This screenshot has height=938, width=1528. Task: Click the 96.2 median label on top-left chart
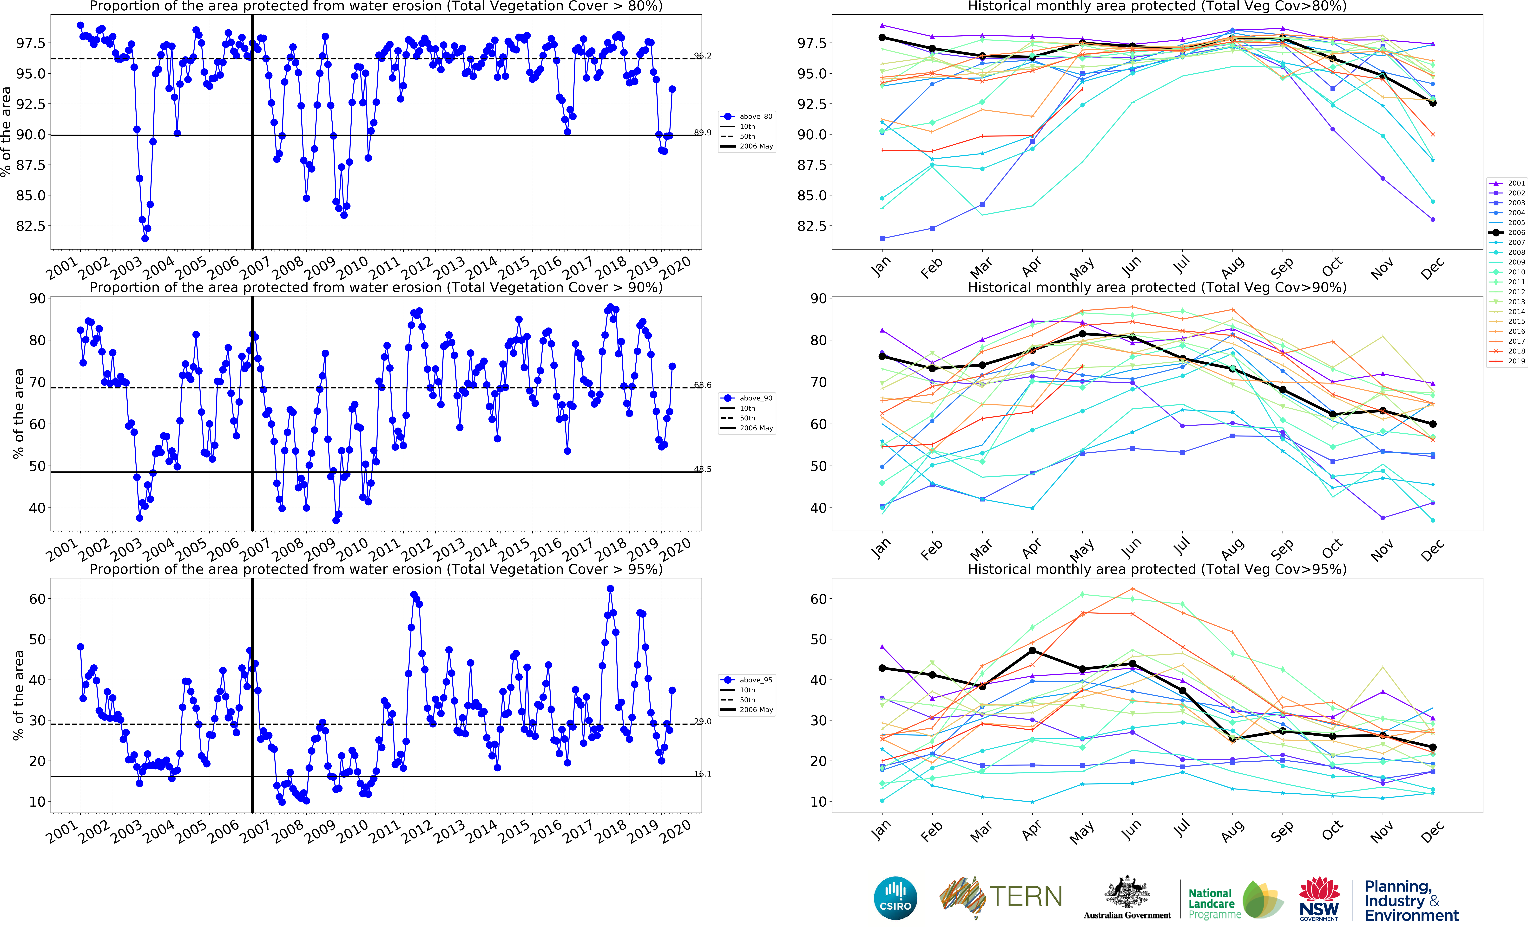pos(703,56)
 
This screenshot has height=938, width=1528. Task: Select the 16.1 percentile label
pos(703,774)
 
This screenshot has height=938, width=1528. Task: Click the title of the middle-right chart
pos(1157,288)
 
